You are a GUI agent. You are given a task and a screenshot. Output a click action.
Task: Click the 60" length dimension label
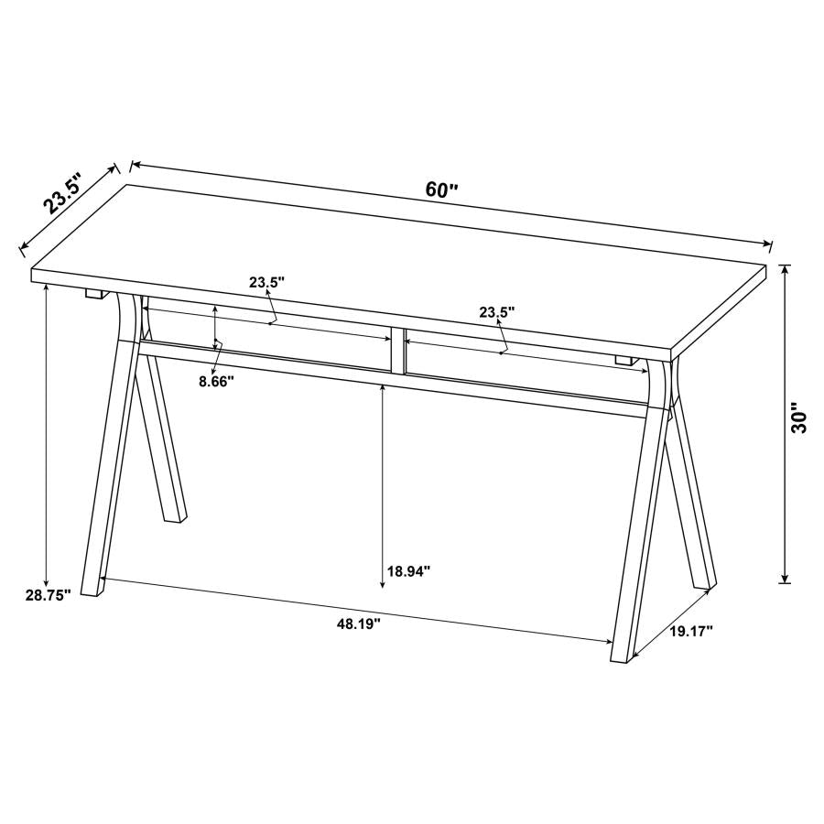click(441, 190)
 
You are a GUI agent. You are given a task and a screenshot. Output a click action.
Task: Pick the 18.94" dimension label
click(408, 571)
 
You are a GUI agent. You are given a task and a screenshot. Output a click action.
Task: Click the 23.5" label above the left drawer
click(267, 283)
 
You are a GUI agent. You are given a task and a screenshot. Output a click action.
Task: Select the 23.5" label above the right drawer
click(496, 312)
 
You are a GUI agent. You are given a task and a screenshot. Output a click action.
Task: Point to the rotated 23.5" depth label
click(61, 193)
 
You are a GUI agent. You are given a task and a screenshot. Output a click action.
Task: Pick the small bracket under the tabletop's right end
click(625, 360)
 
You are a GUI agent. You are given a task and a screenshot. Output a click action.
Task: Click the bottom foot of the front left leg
click(92, 589)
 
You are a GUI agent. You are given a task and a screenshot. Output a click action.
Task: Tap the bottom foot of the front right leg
click(621, 651)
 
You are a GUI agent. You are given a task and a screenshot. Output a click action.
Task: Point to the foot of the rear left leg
click(174, 518)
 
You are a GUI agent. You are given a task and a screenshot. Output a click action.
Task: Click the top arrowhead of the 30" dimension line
click(785, 268)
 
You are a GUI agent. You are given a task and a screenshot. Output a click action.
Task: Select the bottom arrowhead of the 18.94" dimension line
click(383, 583)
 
